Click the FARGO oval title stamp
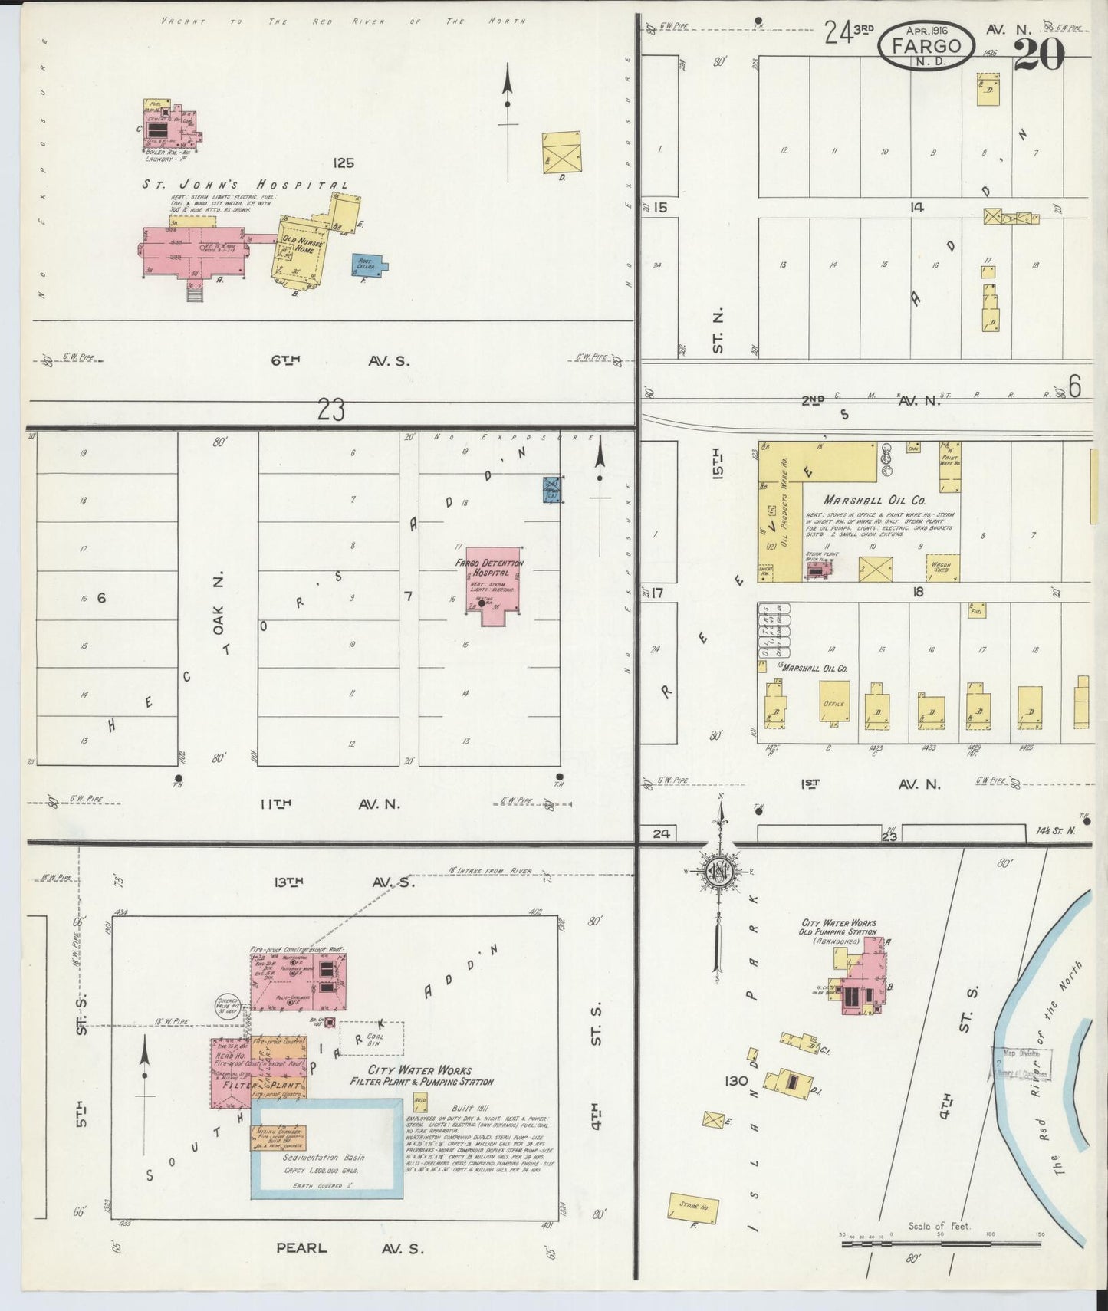point(926,44)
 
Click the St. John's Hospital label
point(244,185)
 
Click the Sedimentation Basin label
point(324,1157)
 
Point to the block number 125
point(344,163)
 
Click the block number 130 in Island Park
point(736,1081)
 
